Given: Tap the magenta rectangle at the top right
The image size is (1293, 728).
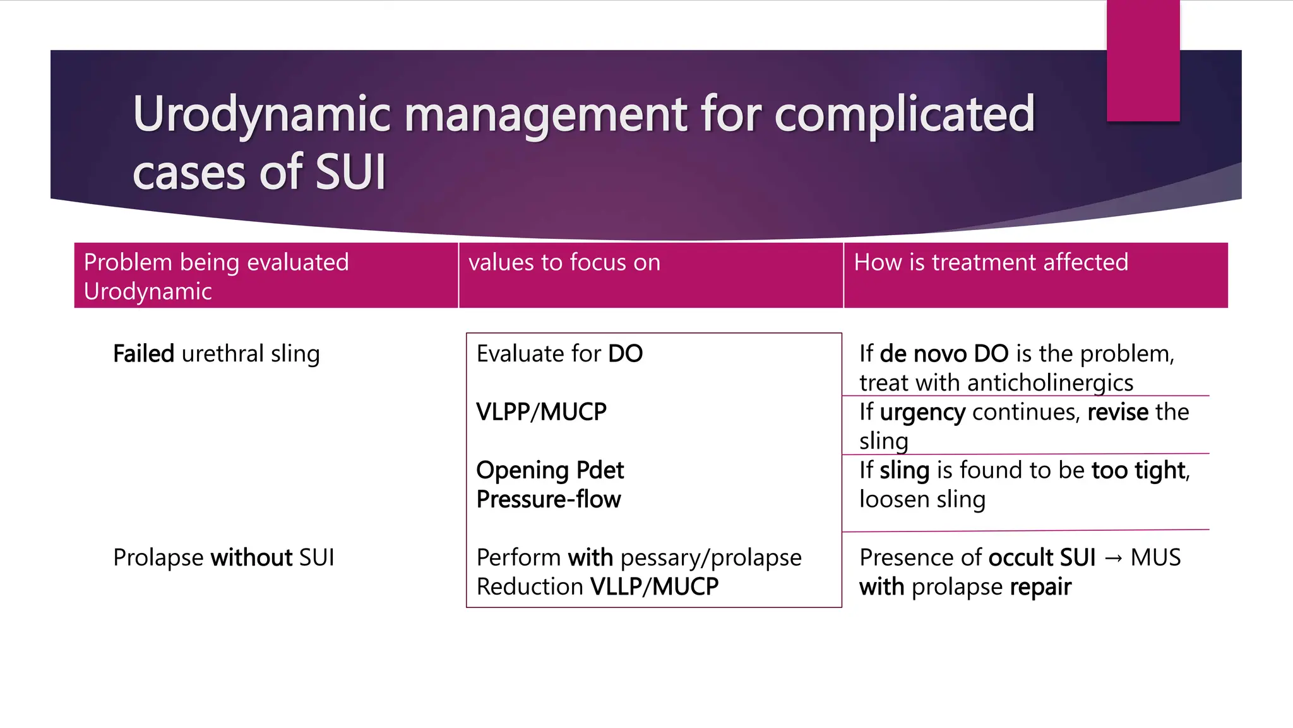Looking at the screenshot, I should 1143,61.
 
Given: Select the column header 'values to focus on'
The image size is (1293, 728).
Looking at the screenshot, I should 564,262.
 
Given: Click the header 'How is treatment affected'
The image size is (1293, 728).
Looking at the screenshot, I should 991,262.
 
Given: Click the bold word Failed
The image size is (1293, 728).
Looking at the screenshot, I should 143,354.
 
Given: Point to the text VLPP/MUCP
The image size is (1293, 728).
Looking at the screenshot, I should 541,412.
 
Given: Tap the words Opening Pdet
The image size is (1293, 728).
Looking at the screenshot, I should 550,470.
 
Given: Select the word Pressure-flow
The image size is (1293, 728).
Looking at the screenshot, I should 549,499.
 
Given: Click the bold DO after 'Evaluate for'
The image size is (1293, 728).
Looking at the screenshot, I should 625,354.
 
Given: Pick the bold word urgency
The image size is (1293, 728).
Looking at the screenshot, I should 922,413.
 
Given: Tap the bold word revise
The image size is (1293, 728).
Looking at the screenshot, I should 1117,412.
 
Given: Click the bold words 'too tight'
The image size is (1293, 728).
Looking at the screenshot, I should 1138,470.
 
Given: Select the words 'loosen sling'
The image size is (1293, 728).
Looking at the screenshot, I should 922,499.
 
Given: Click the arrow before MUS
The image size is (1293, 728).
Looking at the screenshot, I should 1113,558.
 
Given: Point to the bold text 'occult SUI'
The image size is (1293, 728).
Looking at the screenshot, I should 1042,557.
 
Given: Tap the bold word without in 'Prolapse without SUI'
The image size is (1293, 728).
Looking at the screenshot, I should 251,557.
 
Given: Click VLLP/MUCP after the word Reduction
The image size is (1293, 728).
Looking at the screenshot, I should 654,586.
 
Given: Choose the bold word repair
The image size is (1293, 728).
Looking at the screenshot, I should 1040,587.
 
